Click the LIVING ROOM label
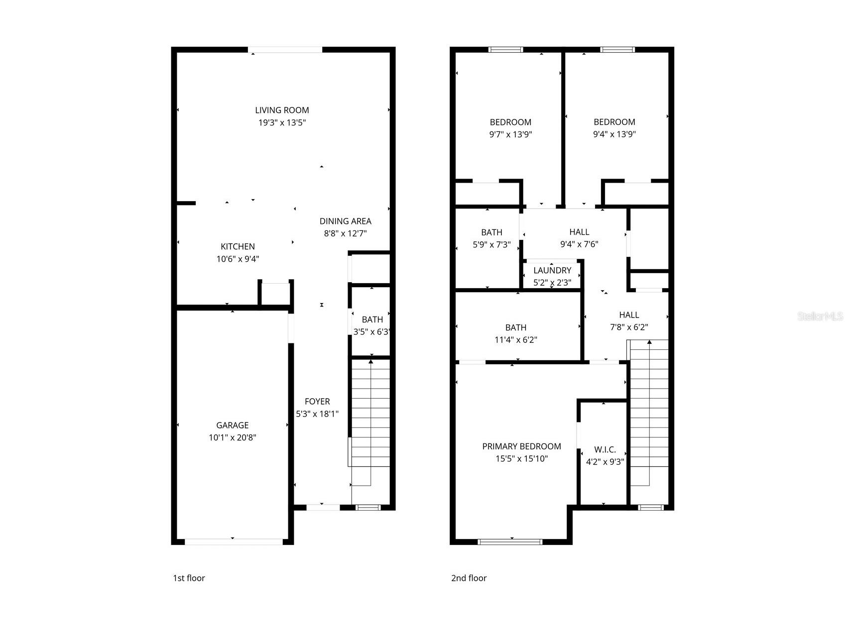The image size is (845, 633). [x=282, y=110]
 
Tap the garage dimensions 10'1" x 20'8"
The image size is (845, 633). [x=232, y=437]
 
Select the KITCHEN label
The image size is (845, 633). [x=238, y=247]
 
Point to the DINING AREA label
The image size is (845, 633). [x=345, y=221]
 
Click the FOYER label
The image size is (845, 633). [x=317, y=402]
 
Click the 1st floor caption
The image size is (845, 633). [x=189, y=578]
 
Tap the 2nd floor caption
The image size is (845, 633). [x=469, y=578]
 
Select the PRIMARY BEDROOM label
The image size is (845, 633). [x=521, y=446]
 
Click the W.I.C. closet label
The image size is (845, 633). [x=605, y=449]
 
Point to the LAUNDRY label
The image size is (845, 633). [x=552, y=271]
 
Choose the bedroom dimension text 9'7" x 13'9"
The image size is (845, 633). [x=510, y=134]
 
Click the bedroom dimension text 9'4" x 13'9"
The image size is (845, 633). [x=614, y=134]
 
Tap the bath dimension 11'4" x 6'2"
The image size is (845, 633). [x=515, y=340]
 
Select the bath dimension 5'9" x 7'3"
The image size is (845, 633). [x=491, y=244]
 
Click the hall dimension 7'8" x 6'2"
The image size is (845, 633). [x=629, y=327]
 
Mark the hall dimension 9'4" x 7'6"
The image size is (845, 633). [x=579, y=244]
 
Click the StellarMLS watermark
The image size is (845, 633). [x=820, y=316]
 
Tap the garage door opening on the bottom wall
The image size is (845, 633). [x=233, y=541]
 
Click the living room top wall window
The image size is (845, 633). [x=285, y=50]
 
